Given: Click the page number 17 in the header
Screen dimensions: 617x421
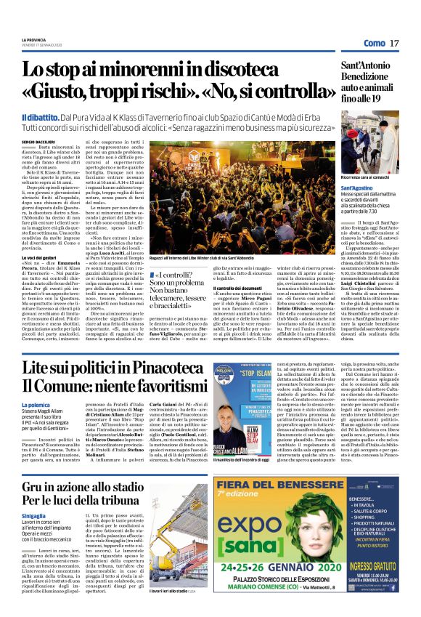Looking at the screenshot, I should pyautogui.click(x=394, y=44).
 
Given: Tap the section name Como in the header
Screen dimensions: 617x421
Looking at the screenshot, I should pyautogui.click(x=374, y=44).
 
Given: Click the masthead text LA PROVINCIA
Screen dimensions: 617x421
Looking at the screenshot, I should pyautogui.click(x=33, y=39).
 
